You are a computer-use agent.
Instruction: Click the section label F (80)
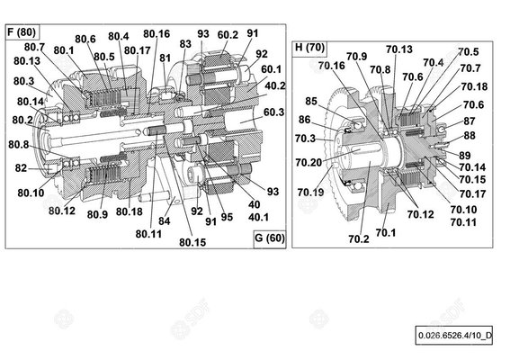[22, 32]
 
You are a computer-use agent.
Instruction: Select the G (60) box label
[270, 238]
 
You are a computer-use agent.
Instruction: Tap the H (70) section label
[309, 48]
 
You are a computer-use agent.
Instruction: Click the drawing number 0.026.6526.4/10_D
[454, 336]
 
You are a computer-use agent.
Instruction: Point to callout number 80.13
[27, 61]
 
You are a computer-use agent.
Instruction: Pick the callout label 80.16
[157, 34]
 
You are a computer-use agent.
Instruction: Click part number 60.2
[228, 34]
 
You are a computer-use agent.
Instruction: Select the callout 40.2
[275, 85]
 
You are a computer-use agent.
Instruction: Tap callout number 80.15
[192, 242]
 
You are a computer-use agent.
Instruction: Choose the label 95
[227, 217]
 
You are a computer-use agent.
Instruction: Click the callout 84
[165, 221]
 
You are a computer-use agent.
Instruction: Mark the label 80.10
[31, 193]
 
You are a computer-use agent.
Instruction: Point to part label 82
[21, 168]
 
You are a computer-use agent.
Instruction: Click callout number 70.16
[331, 66]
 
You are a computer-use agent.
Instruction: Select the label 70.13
[399, 49]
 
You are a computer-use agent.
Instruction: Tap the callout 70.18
[474, 86]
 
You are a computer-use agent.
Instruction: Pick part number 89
[465, 156]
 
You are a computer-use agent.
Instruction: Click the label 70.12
[421, 214]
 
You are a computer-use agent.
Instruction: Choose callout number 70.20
[309, 162]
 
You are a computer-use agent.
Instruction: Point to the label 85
[311, 101]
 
